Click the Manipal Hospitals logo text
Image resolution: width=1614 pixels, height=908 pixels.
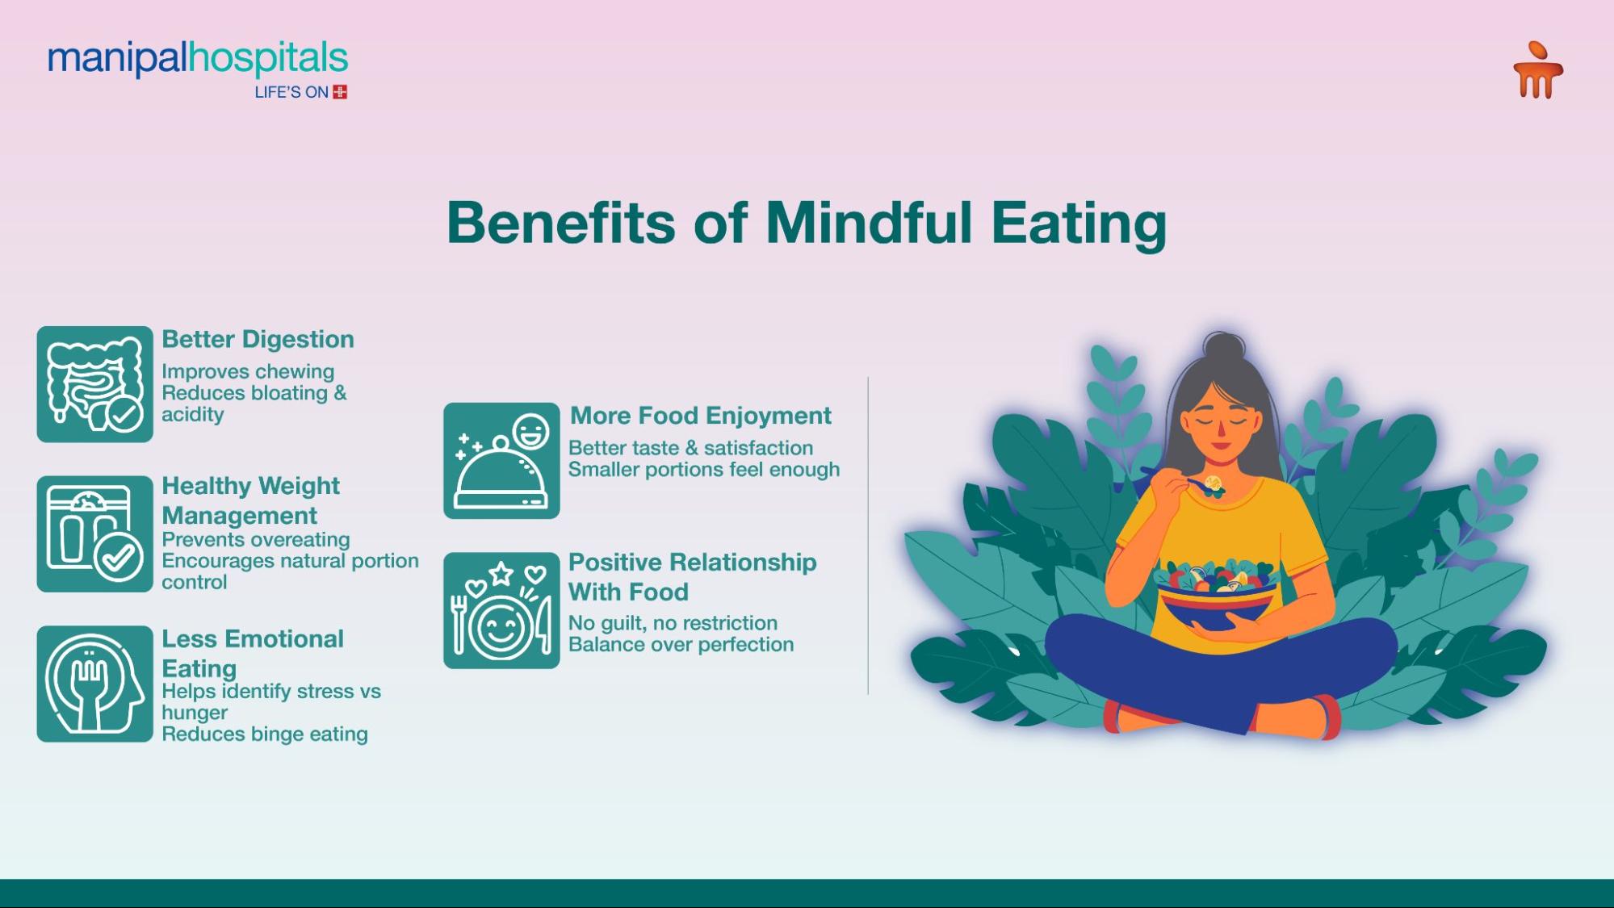(198, 60)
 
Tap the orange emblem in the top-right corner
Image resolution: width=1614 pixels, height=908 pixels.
(1537, 71)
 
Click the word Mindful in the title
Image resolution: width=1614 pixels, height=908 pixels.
(869, 223)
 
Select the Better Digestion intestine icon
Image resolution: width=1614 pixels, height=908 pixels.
(94, 384)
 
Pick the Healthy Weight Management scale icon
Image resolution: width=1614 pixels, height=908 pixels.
(94, 534)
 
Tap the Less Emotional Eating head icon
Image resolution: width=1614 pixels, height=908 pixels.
(94, 684)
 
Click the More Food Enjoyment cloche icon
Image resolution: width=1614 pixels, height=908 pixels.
(501, 461)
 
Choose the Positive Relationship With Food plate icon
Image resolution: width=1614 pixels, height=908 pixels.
(501, 610)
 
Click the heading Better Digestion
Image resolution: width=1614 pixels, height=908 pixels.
(258, 339)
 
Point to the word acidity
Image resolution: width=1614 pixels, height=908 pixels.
(192, 415)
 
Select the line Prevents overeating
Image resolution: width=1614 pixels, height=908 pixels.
(255, 539)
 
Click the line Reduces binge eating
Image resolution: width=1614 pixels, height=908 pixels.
(264, 734)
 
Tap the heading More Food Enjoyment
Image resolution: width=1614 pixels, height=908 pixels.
(700, 416)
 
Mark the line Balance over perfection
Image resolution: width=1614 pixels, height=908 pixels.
(681, 644)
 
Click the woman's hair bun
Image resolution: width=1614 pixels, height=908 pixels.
(1224, 349)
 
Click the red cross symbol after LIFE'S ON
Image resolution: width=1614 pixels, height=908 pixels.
(340, 92)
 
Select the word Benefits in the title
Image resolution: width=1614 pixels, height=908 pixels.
(560, 223)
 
